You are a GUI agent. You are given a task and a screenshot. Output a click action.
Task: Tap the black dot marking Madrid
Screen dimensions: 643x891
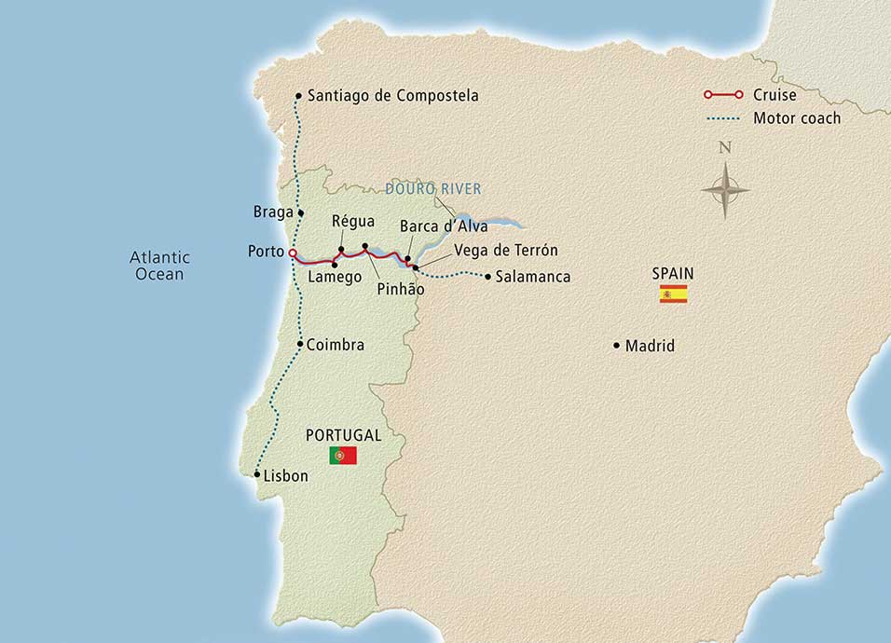(616, 346)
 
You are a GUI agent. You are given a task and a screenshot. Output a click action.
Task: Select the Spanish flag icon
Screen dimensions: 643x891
(673, 294)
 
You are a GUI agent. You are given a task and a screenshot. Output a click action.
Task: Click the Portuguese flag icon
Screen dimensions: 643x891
(343, 455)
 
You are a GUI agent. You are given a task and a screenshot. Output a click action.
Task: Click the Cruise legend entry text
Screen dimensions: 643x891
(776, 95)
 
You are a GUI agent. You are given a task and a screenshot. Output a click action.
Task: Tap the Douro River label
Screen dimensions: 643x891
(433, 189)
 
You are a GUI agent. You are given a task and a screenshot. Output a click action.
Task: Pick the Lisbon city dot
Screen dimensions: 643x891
(257, 474)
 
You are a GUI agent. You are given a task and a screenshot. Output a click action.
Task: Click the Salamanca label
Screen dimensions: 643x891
(532, 277)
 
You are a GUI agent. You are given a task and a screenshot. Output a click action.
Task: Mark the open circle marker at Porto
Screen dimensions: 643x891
(293, 253)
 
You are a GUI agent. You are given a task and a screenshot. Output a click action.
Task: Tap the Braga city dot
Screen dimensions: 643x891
(300, 212)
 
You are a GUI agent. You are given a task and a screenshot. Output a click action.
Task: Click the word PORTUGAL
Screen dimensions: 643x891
(343, 435)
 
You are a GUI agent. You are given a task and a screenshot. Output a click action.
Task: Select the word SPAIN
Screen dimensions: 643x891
(673, 274)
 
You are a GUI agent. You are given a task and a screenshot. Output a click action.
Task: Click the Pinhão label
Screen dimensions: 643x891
(401, 290)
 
